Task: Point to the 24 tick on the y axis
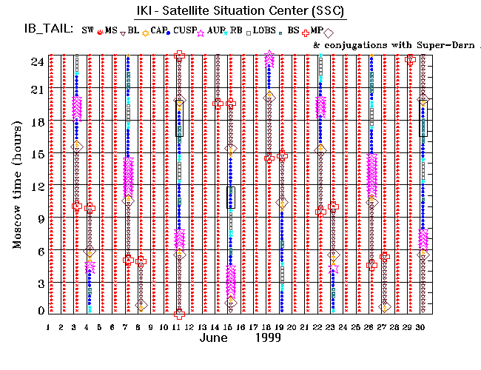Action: pyautogui.click(x=36, y=62)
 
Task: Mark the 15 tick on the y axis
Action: pyautogui.click(x=36, y=155)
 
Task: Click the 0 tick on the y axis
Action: pyautogui.click(x=38, y=311)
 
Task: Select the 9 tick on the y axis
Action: pyautogui.click(x=38, y=218)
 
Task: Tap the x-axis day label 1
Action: pyautogui.click(x=48, y=326)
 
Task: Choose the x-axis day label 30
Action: pyautogui.click(x=420, y=326)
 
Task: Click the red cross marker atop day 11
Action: pyautogui.click(x=179, y=55)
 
